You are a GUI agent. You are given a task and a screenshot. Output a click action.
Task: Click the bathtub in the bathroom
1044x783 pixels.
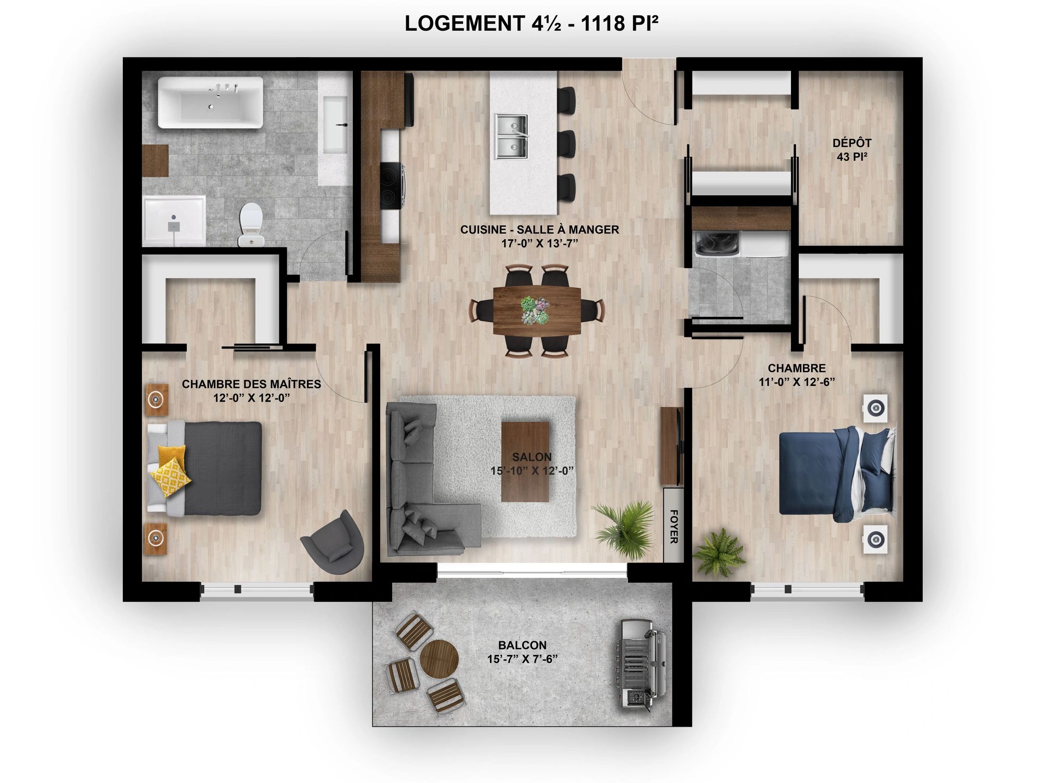210,102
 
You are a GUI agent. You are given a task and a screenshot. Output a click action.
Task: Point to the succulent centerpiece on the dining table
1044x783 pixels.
535,310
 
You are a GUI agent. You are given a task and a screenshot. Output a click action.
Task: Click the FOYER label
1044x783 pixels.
673,526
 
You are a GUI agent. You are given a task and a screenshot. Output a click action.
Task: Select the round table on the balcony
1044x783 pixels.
439,659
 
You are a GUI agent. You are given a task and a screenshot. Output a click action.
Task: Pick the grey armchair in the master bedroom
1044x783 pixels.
333,542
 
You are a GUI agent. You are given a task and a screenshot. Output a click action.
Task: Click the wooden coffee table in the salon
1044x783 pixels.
525,462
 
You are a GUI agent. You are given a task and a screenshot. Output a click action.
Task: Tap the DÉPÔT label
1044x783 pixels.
845,143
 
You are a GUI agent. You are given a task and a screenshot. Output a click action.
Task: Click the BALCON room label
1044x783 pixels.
522,645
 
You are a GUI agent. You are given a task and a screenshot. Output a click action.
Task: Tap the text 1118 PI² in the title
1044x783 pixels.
620,23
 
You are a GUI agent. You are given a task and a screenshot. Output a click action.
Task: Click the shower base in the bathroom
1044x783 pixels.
175,220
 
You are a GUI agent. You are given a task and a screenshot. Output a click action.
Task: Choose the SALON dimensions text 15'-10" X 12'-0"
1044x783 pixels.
532,471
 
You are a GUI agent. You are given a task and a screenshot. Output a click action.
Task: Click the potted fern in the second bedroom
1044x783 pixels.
719,552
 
